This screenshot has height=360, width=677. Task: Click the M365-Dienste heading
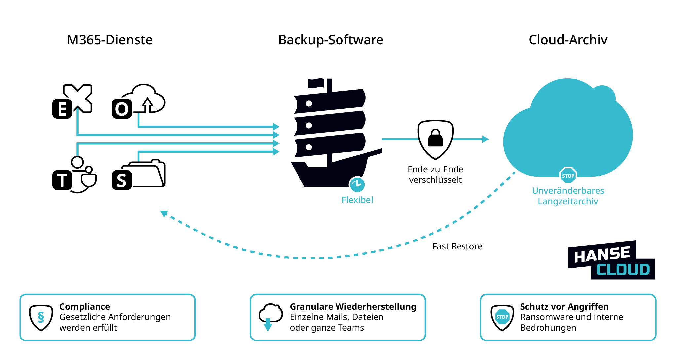110,40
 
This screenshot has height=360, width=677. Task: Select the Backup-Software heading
331,40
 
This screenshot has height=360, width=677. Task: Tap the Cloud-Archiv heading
568,40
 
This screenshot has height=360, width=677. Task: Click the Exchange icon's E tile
62,109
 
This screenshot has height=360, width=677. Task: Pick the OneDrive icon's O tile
122,109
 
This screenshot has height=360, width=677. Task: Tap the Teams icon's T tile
62,180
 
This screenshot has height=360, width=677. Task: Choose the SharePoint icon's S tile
122,180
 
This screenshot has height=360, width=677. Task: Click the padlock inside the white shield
435,138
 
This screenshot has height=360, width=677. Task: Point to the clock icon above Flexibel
357,184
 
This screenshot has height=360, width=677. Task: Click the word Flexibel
357,200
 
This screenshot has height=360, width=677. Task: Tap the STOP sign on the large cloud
568,176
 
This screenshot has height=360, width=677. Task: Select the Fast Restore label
457,246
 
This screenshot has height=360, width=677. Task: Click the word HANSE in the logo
602,255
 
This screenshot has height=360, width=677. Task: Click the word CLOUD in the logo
623,270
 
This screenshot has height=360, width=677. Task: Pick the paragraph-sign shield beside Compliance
41,317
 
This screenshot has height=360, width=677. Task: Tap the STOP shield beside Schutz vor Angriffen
502,317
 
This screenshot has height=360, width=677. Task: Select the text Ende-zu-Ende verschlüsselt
435,175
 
